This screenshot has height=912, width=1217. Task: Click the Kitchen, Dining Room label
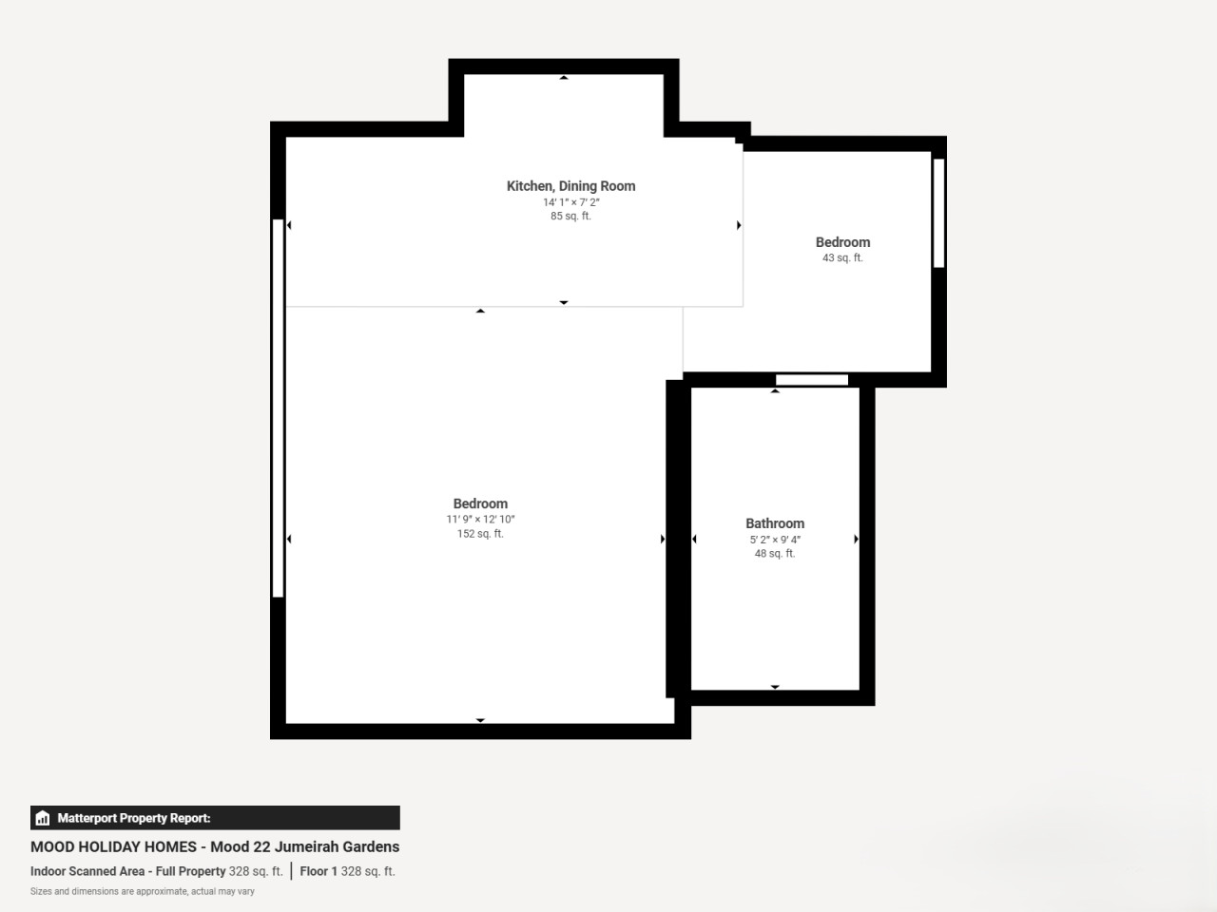click(570, 186)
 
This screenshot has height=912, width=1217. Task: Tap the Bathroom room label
click(775, 523)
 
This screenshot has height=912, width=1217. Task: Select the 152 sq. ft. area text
click(480, 534)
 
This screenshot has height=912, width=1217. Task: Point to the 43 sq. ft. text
click(842, 257)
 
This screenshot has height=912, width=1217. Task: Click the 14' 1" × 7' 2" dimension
click(571, 202)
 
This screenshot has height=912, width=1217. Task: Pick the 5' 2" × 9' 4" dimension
click(775, 540)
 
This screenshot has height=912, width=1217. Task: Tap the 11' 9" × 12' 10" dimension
click(480, 520)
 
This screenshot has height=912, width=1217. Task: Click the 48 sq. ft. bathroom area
click(775, 553)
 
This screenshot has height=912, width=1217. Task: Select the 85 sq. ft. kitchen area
click(570, 216)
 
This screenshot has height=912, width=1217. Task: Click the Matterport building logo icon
click(43, 818)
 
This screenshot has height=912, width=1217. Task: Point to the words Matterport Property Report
click(134, 818)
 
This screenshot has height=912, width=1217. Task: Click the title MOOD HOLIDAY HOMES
click(113, 846)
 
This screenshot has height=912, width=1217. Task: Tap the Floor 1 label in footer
click(319, 871)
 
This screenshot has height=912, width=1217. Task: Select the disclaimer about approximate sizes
click(142, 891)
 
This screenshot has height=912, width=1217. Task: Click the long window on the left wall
click(278, 408)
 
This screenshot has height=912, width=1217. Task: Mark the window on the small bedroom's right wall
click(938, 213)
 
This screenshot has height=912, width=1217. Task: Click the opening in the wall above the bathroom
click(812, 380)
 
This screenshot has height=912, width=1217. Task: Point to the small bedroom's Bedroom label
click(842, 242)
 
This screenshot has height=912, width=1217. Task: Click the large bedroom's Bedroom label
click(480, 503)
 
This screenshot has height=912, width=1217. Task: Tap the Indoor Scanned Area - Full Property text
click(128, 871)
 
